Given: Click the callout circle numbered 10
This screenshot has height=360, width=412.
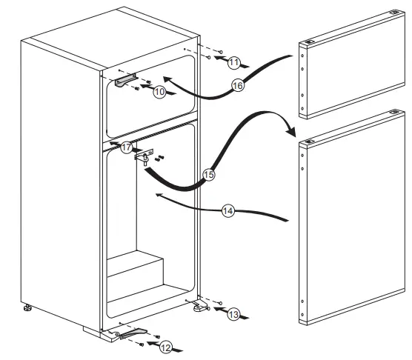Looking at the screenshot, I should [x=159, y=92].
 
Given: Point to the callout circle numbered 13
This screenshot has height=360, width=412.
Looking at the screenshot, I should [x=233, y=315].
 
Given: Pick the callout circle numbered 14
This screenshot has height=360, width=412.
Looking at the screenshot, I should [x=228, y=211].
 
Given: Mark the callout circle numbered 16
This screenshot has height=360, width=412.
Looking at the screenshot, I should [x=238, y=86].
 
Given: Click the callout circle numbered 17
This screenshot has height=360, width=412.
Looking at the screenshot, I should [x=127, y=147].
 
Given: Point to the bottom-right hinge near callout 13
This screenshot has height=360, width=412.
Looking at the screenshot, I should [x=198, y=306].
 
